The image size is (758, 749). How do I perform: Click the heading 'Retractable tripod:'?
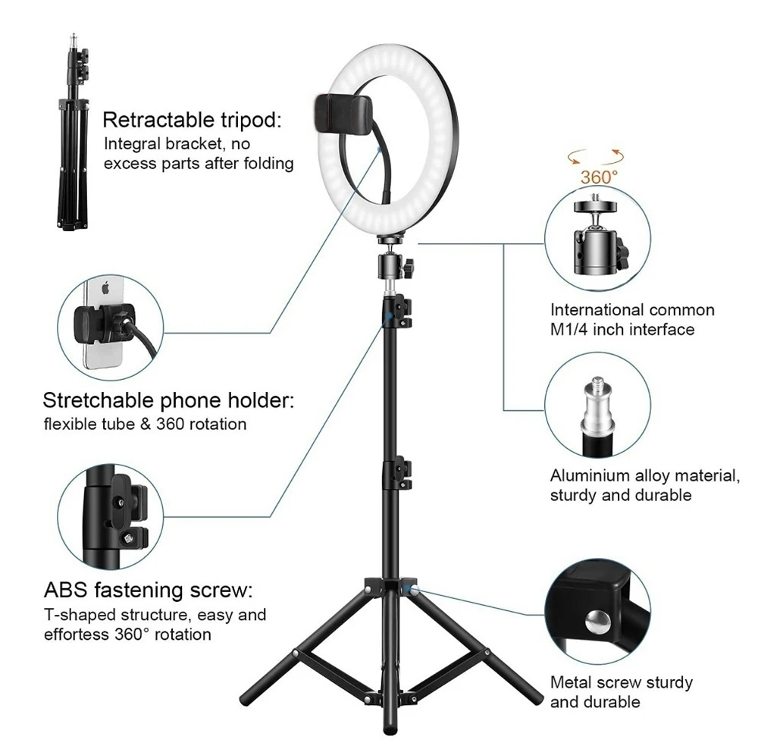pos(192,120)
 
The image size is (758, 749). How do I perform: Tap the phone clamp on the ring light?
pos(337,114)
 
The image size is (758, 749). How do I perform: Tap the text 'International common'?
pos(632,310)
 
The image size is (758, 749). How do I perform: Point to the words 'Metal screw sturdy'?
pos(622,682)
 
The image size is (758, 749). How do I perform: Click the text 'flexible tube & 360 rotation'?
pos(145,424)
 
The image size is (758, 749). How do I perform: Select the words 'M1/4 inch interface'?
pos(622,329)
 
